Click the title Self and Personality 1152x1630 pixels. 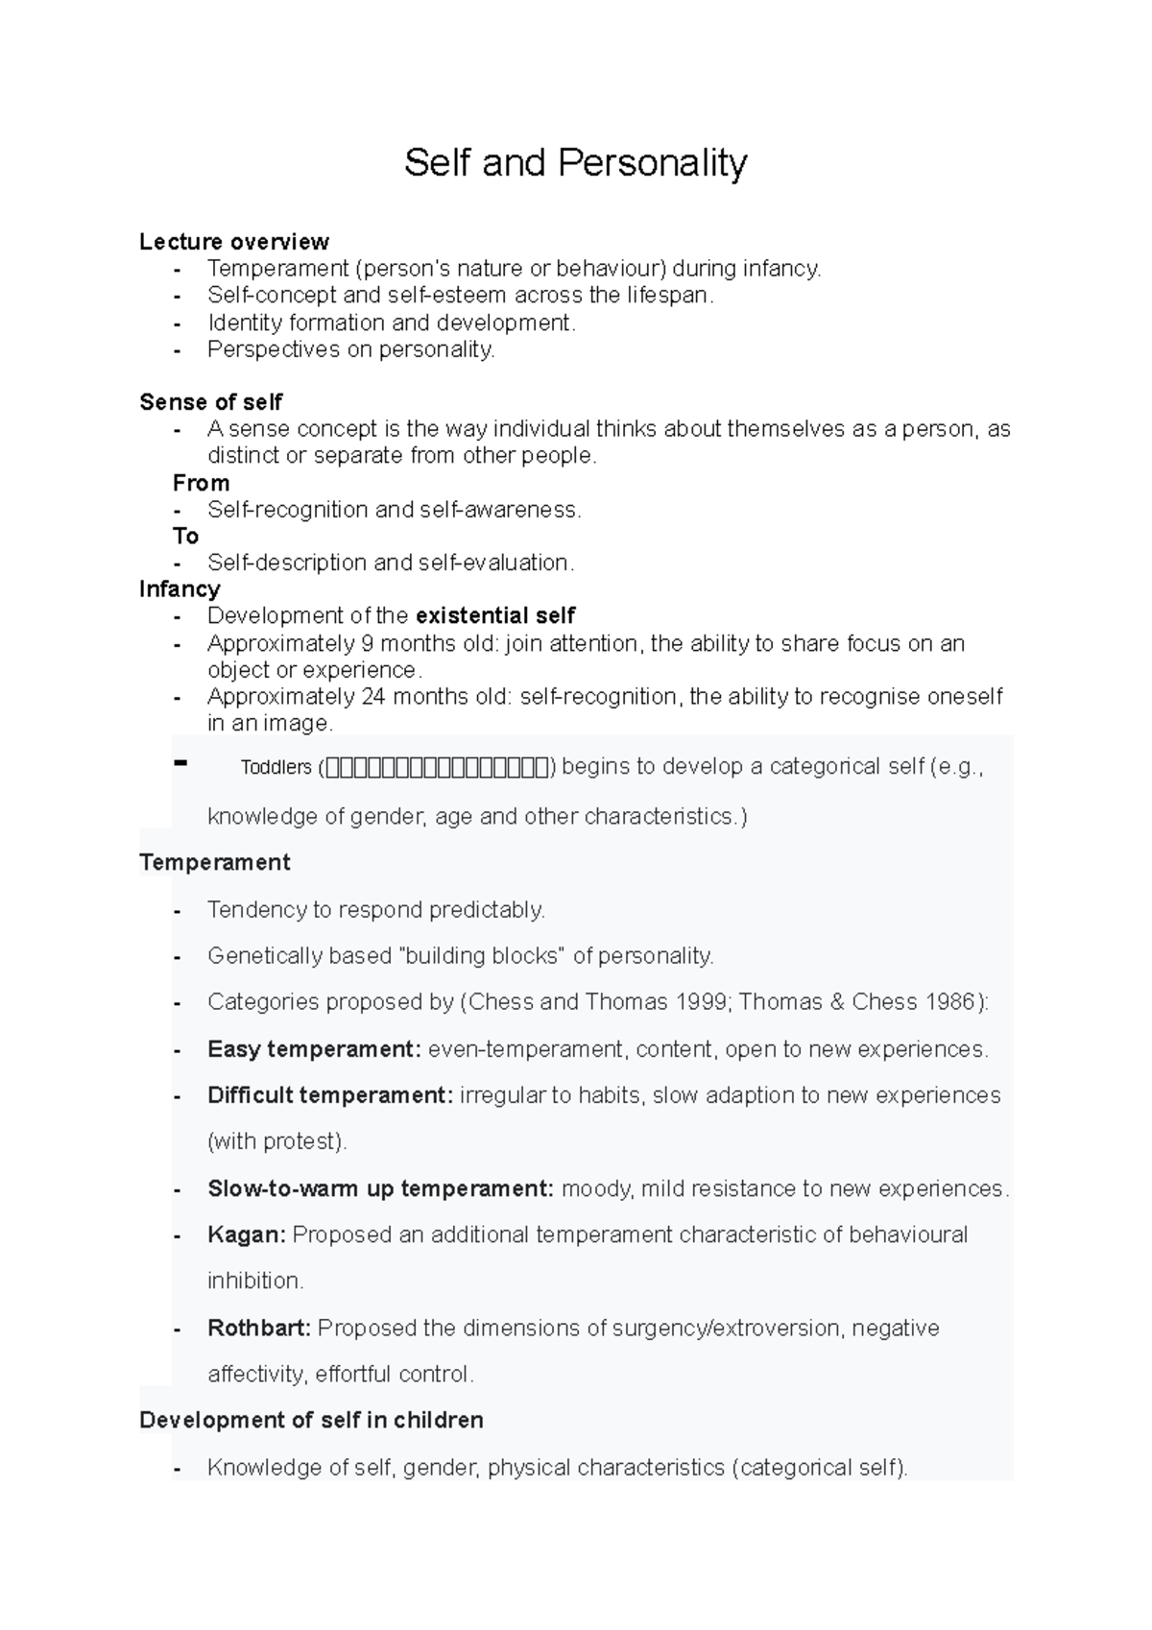click(x=575, y=163)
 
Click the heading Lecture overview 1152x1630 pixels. click(x=234, y=242)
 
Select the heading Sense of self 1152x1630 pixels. click(x=211, y=402)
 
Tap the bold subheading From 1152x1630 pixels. click(x=202, y=483)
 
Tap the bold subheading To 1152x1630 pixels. click(x=186, y=537)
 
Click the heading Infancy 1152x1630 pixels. click(x=180, y=588)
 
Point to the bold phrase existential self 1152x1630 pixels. click(x=495, y=615)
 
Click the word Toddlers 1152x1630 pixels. click(x=276, y=768)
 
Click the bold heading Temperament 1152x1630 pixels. click(x=215, y=862)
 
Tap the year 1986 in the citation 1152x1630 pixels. click(x=948, y=1002)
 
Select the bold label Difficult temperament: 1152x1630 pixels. click(x=330, y=1095)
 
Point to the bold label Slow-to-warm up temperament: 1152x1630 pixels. click(x=380, y=1188)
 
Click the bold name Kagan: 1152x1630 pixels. click(x=247, y=1234)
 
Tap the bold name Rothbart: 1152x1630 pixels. click(x=259, y=1329)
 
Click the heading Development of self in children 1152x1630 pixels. click(x=311, y=1420)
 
